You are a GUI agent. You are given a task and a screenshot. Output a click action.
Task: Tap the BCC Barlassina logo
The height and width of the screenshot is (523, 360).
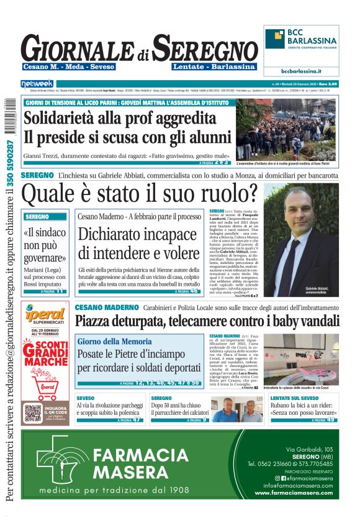pos(301,41)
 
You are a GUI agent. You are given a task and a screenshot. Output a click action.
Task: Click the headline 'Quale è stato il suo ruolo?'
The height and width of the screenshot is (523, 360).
pos(140,195)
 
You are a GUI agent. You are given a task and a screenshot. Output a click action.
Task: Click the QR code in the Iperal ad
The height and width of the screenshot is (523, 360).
pos(32,413)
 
